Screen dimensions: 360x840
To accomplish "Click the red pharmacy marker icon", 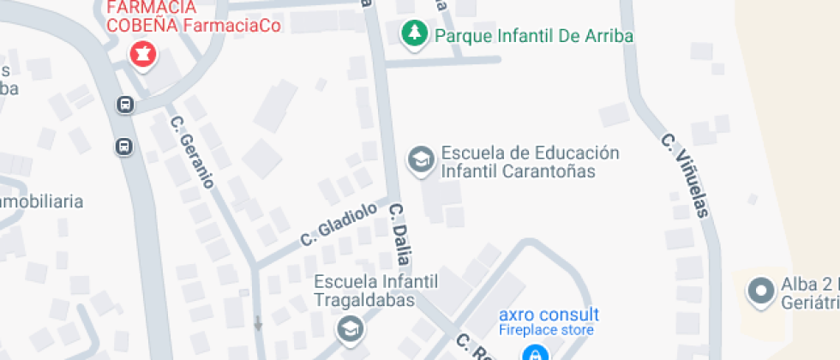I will coord(143,54).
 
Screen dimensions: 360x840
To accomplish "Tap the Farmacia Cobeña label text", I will coord(141,17).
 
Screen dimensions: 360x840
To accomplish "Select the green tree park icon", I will coord(415,34).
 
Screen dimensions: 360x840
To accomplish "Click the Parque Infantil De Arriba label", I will coord(534,36).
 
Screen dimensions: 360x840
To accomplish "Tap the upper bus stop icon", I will coord(125,105).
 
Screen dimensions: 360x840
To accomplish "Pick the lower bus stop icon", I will coord(125,146).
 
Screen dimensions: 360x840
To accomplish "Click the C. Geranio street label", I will coord(191,152).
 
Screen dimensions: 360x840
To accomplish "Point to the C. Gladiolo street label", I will coord(339,225).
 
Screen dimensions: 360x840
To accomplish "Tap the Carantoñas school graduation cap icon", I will coord(420,159).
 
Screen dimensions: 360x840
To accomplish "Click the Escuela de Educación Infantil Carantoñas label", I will coord(530,162).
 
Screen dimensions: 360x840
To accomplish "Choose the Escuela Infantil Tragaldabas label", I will coord(376,291).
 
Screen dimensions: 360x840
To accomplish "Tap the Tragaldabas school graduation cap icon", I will coord(349,328).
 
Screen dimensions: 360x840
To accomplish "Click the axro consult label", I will coord(549,315).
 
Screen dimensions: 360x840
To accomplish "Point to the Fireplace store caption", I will coord(547,330).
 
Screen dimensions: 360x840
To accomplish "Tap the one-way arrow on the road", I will coord(257,323).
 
